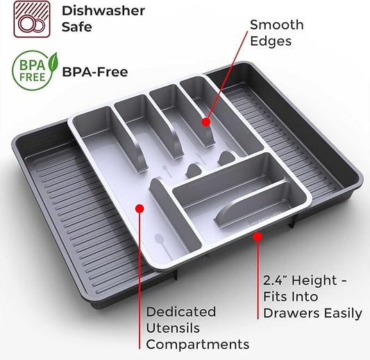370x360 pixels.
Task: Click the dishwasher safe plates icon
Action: point(32,19)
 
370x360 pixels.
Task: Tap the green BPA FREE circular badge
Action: point(33,70)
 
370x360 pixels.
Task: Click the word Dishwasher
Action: point(103,11)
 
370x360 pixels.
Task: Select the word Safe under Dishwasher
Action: point(76,26)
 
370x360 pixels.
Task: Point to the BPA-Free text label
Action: point(95,72)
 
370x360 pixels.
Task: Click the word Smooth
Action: point(277,25)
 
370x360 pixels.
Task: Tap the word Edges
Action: point(271,41)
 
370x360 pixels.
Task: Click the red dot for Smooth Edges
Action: point(206,122)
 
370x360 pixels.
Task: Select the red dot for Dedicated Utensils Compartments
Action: point(140,208)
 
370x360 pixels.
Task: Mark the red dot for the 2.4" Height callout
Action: point(258,236)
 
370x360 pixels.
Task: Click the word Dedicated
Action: point(181,311)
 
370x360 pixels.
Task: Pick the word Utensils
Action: point(173,328)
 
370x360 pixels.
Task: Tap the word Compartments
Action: point(198,345)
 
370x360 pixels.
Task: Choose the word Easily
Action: point(343,313)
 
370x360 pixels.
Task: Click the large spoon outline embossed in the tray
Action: point(163,246)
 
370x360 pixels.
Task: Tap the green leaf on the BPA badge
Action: point(53,63)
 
